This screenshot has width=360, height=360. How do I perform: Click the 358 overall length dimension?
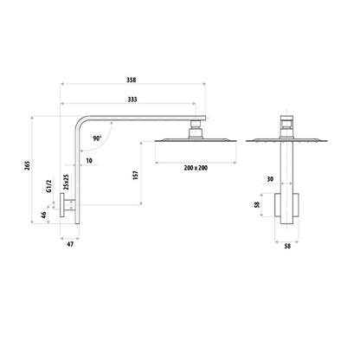pos(132,80)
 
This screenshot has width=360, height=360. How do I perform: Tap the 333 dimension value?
pos(132,100)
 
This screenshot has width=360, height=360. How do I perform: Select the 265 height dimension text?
pos(28,166)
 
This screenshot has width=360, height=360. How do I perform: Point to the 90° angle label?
pos(98,138)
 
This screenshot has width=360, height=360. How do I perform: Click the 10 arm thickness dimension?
pos(89,161)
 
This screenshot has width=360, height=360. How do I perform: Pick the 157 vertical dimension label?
pos(136,176)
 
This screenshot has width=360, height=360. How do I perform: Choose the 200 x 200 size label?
pos(196,168)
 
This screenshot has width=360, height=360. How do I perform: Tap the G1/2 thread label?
pos(49,186)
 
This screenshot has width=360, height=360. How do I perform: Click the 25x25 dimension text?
pos(66,182)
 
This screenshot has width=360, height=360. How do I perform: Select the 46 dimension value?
pos(43,215)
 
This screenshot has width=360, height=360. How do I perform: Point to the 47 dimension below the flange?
pos(70,244)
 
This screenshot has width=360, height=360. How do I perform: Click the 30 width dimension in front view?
pos(270,179)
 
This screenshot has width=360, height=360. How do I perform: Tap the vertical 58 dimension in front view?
pos(257,204)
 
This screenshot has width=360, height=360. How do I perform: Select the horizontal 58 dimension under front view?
pos(287,247)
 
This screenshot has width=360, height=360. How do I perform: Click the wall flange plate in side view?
pos(62,204)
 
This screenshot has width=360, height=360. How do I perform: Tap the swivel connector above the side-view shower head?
pos(196,129)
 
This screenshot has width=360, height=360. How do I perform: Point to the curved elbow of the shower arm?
pos(80,122)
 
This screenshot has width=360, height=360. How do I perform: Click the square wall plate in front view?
pos(286,205)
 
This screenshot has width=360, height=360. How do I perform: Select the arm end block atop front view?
pos(287,121)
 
